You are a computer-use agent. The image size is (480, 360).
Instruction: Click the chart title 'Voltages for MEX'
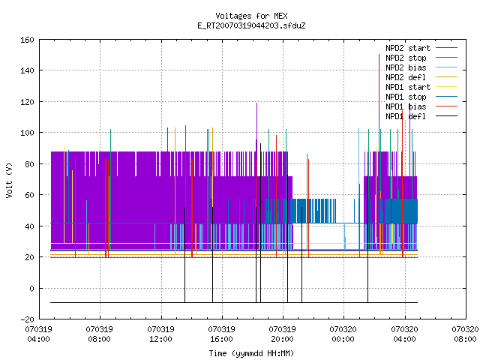(251, 16)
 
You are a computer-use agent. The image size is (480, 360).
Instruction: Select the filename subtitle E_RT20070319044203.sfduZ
(251, 25)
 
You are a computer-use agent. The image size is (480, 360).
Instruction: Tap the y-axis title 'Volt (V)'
(9, 180)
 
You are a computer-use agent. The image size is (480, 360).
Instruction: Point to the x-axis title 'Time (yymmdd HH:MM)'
(251, 353)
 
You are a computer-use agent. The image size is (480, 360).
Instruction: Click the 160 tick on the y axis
(27, 40)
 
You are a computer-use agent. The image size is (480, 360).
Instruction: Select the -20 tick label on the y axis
(27, 319)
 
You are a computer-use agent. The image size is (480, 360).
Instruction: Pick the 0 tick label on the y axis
(31, 288)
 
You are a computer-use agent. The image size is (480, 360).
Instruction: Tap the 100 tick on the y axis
(27, 133)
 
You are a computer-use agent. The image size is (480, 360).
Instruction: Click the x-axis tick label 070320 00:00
(343, 334)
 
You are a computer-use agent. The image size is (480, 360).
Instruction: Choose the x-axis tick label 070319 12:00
(160, 334)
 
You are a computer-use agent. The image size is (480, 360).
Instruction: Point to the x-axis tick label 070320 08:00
(465, 334)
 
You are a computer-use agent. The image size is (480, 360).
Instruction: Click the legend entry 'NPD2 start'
(408, 48)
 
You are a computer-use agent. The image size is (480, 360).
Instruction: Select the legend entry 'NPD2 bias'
(406, 67)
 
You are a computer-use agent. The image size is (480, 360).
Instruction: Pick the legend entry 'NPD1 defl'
(406, 116)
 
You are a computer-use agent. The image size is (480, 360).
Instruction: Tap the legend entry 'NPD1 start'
(408, 87)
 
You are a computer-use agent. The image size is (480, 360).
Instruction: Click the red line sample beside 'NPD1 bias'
(447, 106)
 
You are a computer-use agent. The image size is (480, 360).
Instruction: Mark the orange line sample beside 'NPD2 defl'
(447, 77)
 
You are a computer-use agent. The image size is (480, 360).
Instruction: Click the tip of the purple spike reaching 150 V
(379, 55)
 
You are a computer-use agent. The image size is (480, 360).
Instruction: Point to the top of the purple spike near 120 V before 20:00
(256, 103)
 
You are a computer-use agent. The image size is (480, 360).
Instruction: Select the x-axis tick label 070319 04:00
(38, 334)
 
